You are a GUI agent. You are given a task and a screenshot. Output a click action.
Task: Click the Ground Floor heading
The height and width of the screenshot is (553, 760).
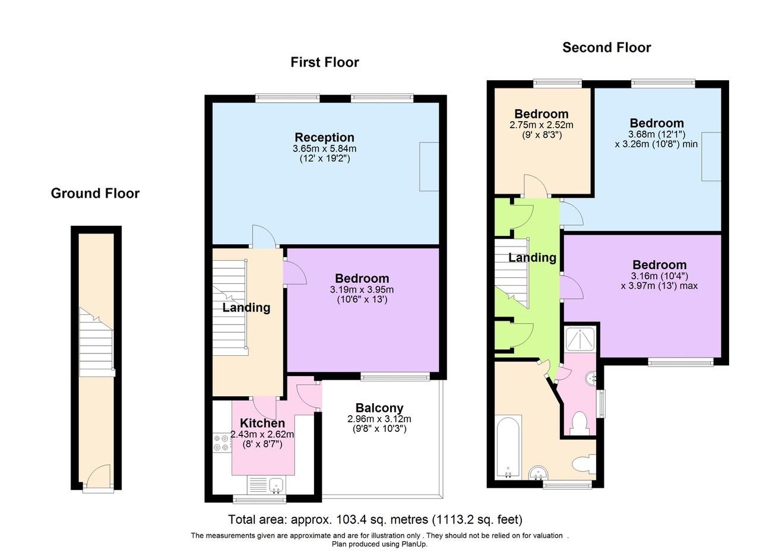(95, 193)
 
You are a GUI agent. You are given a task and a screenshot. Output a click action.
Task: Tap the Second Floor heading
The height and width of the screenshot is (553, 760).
(606, 48)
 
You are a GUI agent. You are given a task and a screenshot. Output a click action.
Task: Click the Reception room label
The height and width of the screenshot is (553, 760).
(324, 137)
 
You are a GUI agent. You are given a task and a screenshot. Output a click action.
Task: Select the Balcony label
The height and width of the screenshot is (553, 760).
(379, 408)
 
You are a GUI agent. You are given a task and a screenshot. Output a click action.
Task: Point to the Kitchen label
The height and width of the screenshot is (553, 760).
(262, 424)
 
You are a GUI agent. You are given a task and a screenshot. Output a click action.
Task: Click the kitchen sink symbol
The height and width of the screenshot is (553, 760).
(276, 485)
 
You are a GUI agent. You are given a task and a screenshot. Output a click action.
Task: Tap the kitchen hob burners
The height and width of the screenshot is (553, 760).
(221, 443)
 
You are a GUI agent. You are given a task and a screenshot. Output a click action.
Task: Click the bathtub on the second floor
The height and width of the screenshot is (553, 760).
(508, 447)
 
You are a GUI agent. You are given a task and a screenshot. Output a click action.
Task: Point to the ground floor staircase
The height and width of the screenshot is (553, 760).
(96, 347)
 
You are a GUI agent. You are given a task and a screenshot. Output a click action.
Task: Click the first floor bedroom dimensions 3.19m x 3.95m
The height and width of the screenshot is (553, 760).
(362, 289)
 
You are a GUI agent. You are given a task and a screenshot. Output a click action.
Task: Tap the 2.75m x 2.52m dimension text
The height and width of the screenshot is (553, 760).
(541, 125)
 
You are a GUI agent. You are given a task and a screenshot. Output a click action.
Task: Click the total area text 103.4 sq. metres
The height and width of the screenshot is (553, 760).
(375, 520)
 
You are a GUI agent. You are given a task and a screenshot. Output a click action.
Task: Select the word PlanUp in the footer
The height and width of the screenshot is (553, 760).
(413, 543)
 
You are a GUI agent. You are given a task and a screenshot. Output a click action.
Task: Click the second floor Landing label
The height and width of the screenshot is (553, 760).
(532, 257)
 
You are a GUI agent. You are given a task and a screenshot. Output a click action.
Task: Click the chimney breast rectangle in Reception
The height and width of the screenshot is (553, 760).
(429, 166)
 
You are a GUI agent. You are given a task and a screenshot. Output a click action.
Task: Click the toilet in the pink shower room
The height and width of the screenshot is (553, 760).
(578, 423)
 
